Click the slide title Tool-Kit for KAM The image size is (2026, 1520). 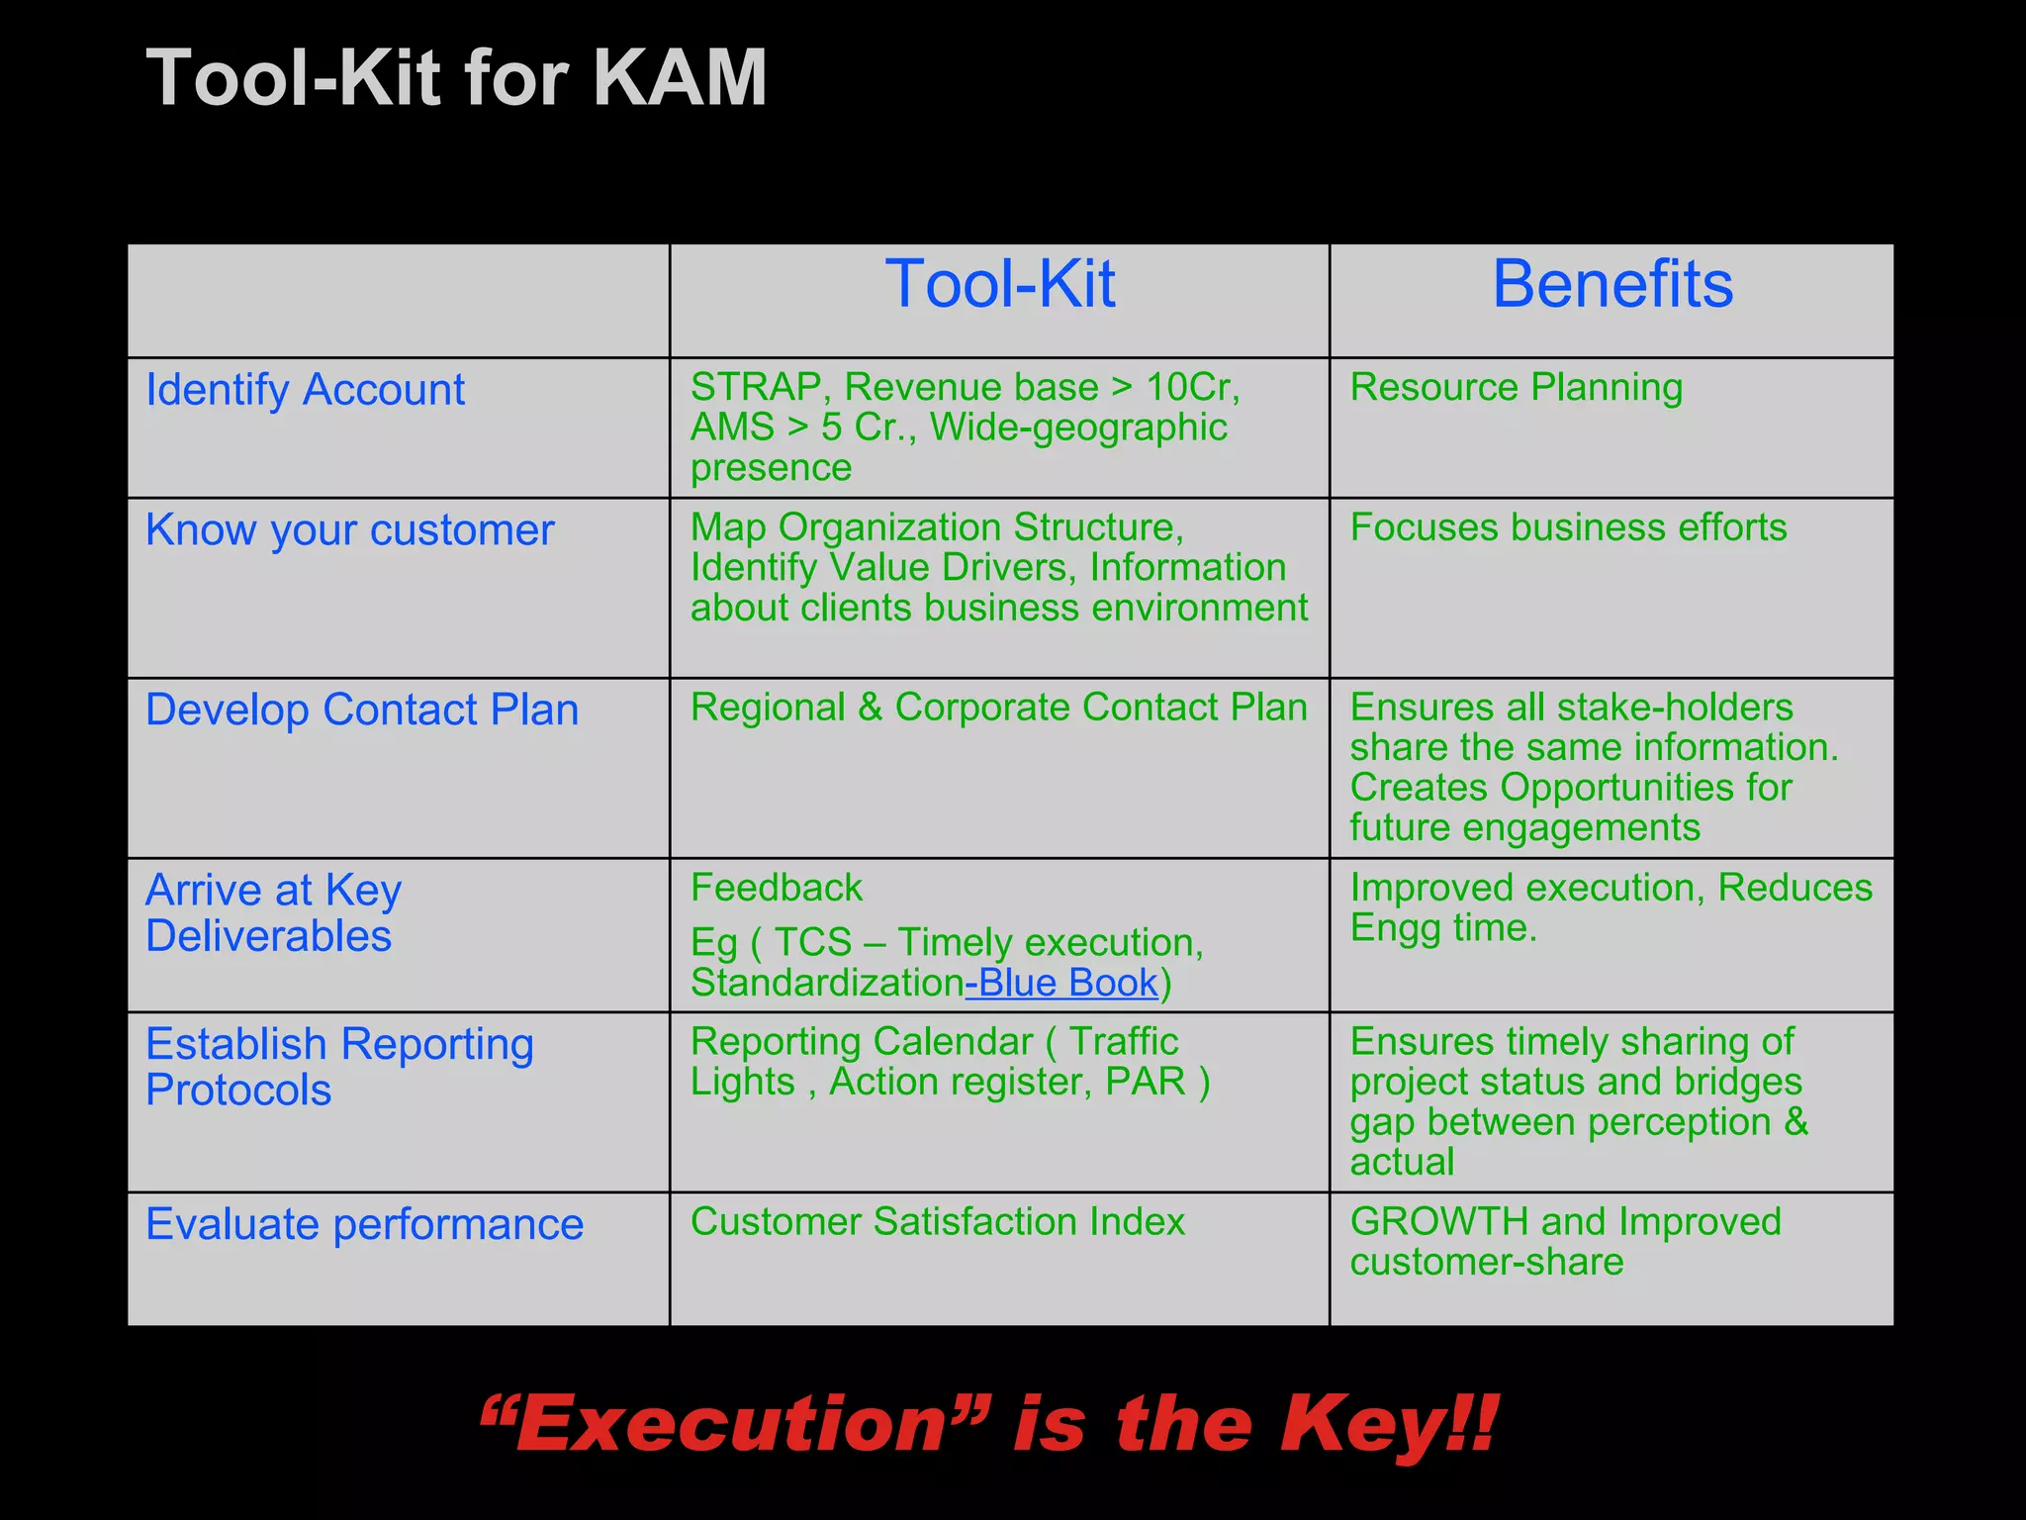pos(457,79)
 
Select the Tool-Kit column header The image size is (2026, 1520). pos(999,285)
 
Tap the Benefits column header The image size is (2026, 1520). pos(1612,285)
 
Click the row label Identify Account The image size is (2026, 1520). pos(305,390)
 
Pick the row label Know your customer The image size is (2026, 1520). pos(349,530)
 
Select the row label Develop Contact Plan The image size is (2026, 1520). pos(362,711)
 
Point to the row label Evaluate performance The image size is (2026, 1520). pos(364,1225)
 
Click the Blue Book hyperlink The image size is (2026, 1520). pos(1064,984)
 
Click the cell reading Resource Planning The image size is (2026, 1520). pos(1516,387)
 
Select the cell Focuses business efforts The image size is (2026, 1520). pos(1568,527)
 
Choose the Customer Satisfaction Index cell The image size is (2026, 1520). pos(937,1222)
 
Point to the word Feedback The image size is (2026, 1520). pos(776,888)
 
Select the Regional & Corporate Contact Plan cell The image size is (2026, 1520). pos(998,708)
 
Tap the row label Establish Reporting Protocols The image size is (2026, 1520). pos(338,1067)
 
